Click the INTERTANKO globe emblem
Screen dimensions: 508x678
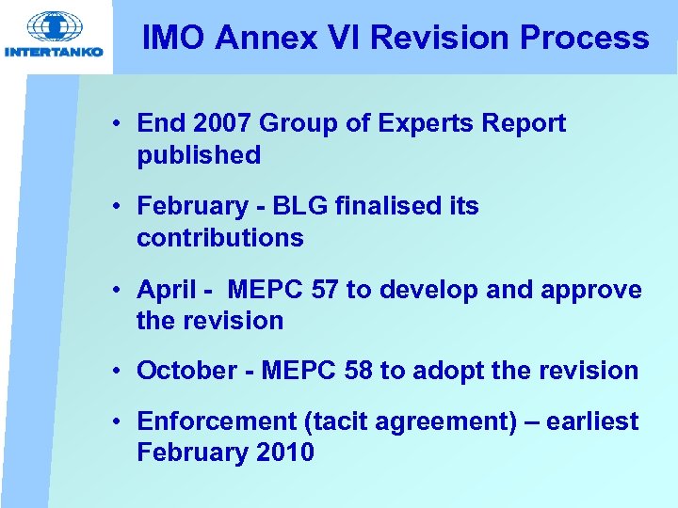56,25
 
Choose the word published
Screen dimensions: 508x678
199,155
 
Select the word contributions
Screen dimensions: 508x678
220,238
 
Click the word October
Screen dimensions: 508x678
184,371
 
